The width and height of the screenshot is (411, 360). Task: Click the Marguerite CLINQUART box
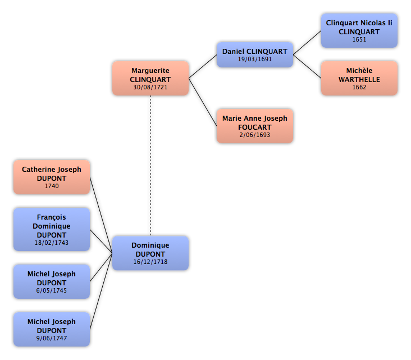pos(150,78)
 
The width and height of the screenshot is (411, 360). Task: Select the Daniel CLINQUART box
pos(255,54)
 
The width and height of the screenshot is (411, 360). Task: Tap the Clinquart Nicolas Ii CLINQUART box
pos(359,30)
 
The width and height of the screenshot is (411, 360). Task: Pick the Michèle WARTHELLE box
pos(359,78)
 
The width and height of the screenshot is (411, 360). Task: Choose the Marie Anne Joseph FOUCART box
pos(255,126)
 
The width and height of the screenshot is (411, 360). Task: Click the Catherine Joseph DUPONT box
pos(52,177)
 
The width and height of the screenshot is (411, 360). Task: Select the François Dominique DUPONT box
pos(52,230)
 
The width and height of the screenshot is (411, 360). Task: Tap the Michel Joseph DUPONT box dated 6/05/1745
pos(52,281)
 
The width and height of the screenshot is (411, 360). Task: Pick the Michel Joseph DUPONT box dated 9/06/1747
pos(52,329)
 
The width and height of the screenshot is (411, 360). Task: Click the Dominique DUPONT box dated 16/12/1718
pos(150,253)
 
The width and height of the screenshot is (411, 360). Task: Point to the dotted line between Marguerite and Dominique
pos(150,166)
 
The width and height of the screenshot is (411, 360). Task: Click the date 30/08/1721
pos(150,87)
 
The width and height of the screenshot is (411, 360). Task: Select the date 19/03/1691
pos(255,60)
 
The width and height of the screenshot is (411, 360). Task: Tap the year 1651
pos(359,39)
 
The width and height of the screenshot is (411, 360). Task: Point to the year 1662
pos(359,87)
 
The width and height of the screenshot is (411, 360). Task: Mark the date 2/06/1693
pos(255,135)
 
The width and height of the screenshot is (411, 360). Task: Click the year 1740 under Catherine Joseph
pos(52,186)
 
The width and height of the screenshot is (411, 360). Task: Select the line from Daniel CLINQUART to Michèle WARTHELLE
pos(307,66)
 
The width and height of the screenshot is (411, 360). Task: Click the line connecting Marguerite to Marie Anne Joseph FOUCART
pos(203,102)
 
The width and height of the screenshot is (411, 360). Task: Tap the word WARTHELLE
pos(359,79)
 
